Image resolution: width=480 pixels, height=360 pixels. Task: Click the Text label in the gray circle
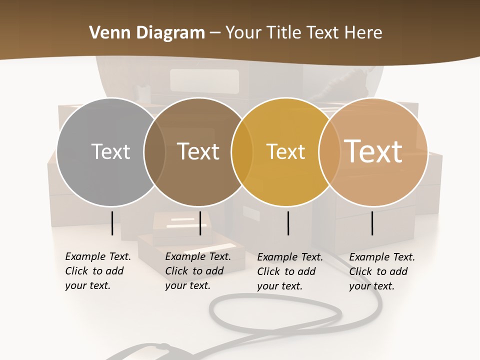110,151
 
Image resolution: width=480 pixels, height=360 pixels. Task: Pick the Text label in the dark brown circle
198,151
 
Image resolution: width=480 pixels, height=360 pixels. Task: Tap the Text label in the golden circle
285,151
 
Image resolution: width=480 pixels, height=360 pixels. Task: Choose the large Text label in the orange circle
373,151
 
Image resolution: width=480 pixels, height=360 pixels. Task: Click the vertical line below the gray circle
112,223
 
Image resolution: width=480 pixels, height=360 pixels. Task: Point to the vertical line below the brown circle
200,223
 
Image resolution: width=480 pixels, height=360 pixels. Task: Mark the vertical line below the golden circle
288,223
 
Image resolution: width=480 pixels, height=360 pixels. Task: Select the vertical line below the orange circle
372,223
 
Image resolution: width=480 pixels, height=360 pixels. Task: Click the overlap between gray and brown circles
154,152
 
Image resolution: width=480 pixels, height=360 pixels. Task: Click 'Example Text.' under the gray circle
98,256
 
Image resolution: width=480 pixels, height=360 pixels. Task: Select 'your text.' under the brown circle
187,285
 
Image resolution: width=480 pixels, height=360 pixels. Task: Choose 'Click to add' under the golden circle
286,271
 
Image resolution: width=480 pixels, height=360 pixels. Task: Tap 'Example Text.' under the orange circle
382,257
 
